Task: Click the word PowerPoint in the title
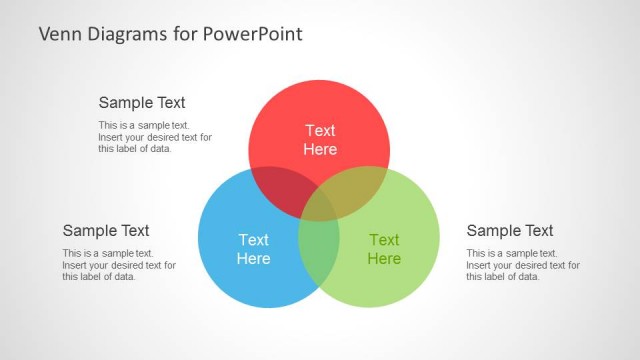[x=253, y=34]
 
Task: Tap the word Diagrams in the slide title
[x=128, y=34]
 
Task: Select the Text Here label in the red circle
[x=320, y=140]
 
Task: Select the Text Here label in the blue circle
[x=253, y=249]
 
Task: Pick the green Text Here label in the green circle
[x=384, y=249]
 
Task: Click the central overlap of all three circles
[x=319, y=202]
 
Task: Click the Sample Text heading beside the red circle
[x=142, y=102]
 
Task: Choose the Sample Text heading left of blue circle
[x=106, y=231]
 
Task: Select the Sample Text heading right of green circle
[x=510, y=231]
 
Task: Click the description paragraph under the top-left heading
[x=154, y=137]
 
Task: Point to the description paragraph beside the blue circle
[x=118, y=265]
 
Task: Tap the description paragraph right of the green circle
[x=522, y=265]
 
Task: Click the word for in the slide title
[x=186, y=34]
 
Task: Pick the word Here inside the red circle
[x=320, y=150]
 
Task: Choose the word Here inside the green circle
[x=384, y=259]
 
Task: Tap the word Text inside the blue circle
[x=253, y=240]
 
